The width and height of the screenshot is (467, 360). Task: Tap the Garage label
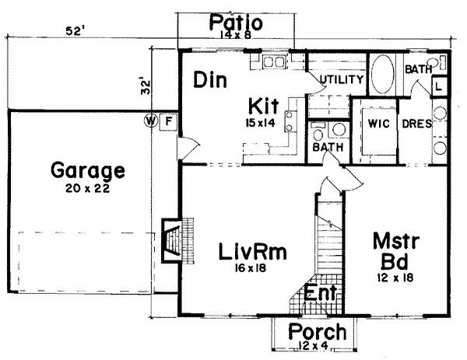coord(87,170)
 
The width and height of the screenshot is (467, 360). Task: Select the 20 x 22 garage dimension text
coord(87,189)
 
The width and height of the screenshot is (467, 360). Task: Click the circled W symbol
coord(152,121)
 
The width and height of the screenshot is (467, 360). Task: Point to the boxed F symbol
coord(170,121)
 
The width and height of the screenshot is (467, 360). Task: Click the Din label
coord(210,79)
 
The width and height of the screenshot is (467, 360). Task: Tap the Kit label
coord(262,105)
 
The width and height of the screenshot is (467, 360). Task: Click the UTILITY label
coord(342,80)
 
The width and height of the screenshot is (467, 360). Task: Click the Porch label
coord(312,332)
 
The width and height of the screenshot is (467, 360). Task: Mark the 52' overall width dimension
coord(75,31)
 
